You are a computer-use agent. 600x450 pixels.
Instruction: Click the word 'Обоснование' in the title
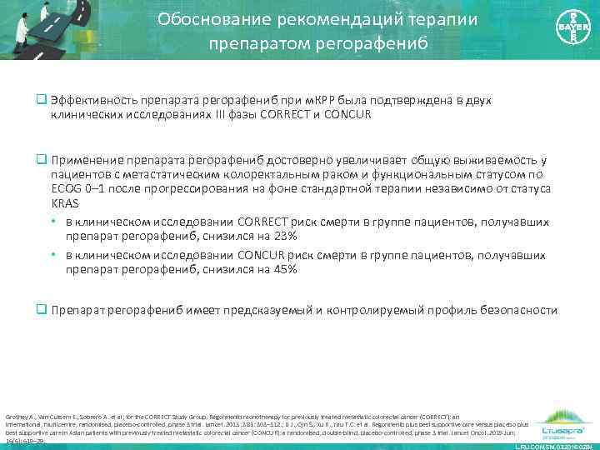tap(207, 18)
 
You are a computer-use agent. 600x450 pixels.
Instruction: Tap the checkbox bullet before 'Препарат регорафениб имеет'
tap(40, 310)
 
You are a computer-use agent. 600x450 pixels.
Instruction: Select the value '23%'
tap(264, 235)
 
